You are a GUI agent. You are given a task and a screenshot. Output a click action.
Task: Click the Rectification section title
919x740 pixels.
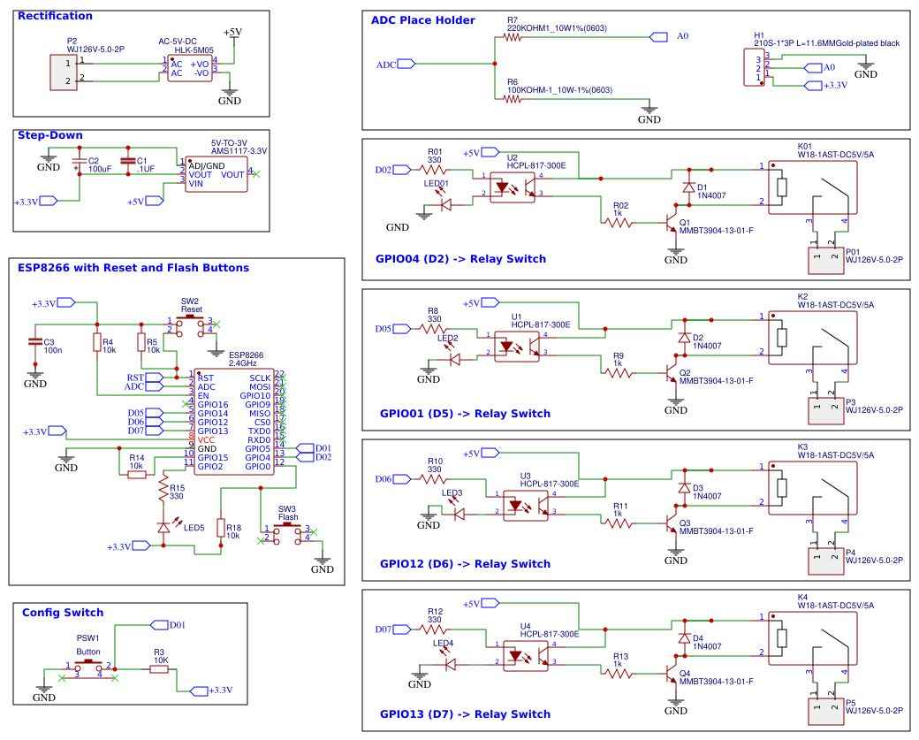[x=55, y=16]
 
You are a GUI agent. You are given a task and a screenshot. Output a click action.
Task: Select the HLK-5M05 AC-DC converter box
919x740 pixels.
[x=189, y=68]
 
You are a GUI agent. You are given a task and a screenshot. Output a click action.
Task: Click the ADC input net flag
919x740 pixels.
[x=406, y=64]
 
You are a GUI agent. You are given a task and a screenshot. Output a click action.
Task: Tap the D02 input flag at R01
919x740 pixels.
[x=404, y=170]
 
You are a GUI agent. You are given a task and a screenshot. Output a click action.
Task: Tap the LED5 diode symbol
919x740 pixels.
[x=163, y=527]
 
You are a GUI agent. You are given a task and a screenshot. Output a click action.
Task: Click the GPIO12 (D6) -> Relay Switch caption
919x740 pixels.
[x=465, y=563]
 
